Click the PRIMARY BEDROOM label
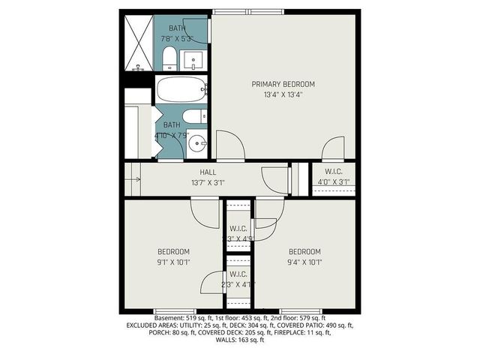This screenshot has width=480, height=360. pos(283,84)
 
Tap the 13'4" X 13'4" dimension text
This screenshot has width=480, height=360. pos(283,94)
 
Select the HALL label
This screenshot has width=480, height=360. pos(208,172)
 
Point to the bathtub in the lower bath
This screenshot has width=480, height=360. pos(181,91)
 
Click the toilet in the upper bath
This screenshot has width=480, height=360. pos(169,58)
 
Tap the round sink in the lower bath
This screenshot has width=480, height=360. pos(197,143)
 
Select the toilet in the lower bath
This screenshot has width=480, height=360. pos(192,117)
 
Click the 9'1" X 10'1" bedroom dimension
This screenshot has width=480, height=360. pos(173,262)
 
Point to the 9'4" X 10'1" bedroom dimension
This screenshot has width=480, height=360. pos(304,262)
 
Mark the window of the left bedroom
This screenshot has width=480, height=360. pos(175,310)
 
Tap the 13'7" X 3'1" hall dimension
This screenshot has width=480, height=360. pos(208,181)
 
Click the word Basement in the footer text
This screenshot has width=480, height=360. pos(169,318)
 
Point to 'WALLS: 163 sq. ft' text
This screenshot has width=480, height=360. pos(240,340)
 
